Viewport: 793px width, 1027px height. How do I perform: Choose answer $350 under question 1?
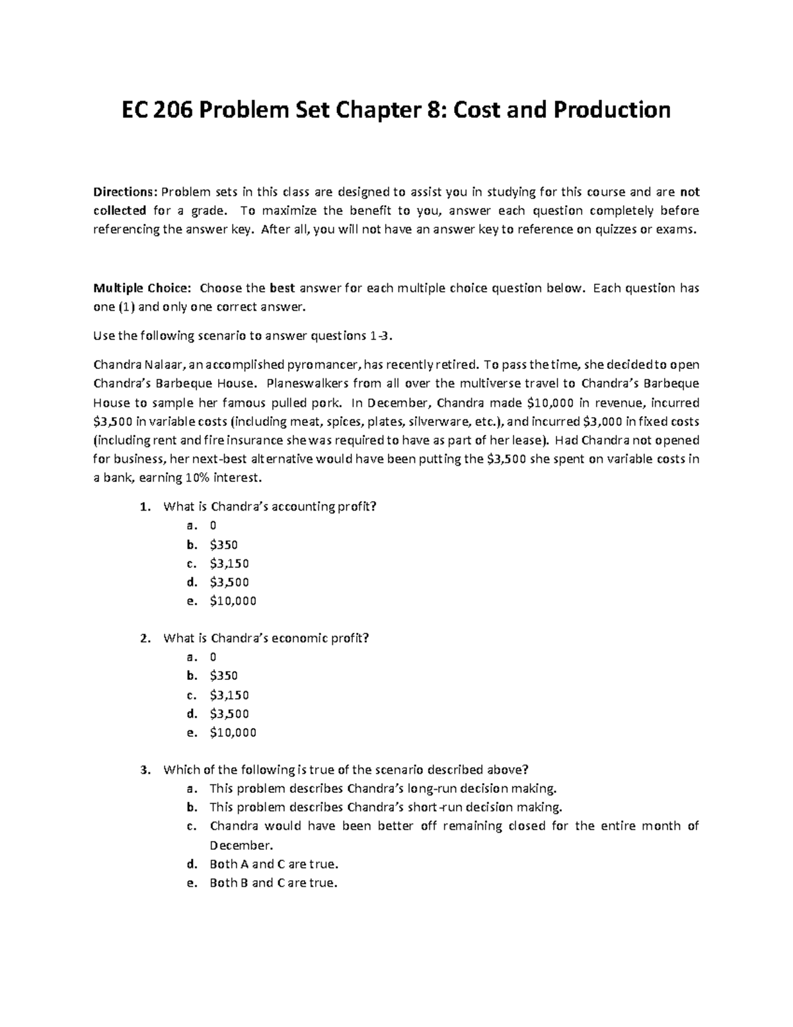(223, 545)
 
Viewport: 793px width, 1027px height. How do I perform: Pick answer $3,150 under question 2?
(229, 695)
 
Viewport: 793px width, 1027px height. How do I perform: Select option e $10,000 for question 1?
(233, 601)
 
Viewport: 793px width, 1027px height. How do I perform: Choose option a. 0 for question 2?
(213, 657)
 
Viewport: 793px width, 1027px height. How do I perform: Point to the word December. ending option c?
(241, 845)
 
